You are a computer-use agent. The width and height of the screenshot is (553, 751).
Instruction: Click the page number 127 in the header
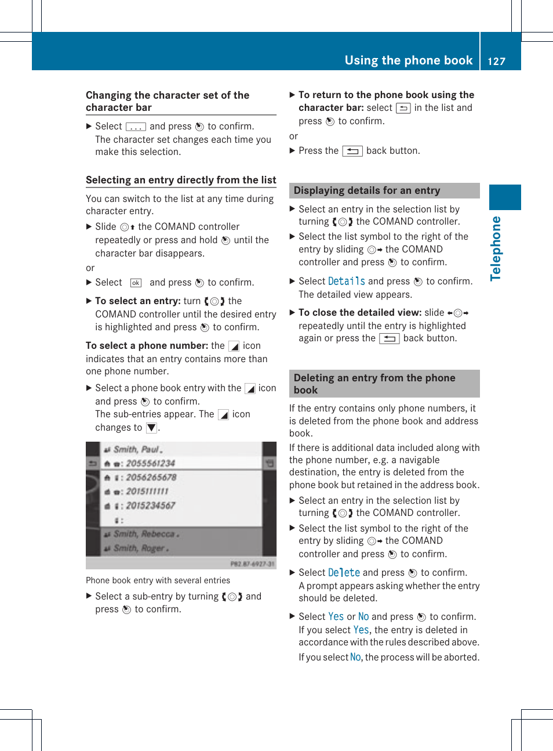[496, 61]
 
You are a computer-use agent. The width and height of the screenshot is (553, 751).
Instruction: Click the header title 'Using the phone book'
[408, 60]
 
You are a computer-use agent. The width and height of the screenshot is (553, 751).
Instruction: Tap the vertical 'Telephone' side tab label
[496, 248]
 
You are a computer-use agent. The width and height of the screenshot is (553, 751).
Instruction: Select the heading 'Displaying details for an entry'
[366, 190]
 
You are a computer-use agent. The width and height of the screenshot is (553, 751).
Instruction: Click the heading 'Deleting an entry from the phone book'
[374, 384]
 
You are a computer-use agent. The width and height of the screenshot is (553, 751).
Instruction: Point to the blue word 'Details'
[346, 281]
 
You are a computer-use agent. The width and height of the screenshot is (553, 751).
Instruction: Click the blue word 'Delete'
[344, 573]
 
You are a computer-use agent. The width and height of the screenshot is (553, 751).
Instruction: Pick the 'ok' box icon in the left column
[136, 283]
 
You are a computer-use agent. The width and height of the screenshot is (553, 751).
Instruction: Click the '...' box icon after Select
[136, 127]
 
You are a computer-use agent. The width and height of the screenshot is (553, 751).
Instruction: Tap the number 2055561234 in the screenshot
[150, 463]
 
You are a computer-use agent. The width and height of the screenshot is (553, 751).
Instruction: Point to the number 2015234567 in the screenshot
[150, 506]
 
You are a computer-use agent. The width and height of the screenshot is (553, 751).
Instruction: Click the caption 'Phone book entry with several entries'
[158, 580]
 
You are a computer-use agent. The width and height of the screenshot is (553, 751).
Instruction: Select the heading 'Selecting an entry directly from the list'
[181, 180]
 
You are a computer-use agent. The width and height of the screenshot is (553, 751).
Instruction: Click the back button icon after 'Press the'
[352, 151]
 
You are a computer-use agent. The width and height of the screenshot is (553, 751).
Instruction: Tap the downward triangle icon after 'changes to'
[151, 428]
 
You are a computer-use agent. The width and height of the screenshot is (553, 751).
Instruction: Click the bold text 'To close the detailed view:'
[360, 312]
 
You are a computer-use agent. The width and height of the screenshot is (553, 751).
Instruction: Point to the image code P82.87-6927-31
[252, 564]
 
